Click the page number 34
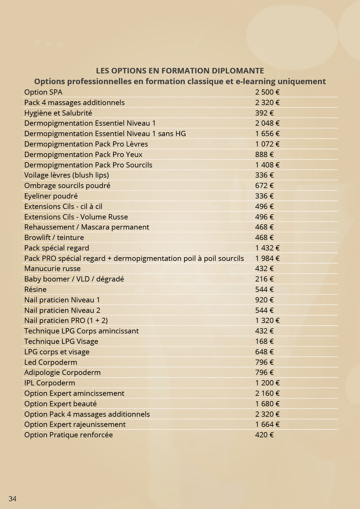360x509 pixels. coord(12,499)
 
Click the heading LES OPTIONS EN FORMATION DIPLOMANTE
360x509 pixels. coord(180,71)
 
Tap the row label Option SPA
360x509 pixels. coord(43,92)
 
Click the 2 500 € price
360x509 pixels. coord(267,92)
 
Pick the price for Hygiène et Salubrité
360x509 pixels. coord(264,113)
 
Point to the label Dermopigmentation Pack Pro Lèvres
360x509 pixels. coord(86,144)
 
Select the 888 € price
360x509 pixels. coord(264,154)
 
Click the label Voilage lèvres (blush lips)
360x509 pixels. coord(66,175)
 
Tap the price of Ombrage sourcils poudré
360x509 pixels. coord(264,185)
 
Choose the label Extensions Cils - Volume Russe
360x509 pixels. coord(76,217)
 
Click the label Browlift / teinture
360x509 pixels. coord(54,237)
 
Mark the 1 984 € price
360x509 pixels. coord(267,258)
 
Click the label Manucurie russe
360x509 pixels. coord(53,269)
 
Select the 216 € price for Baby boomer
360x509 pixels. coord(264,279)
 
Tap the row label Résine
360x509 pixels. coord(35,289)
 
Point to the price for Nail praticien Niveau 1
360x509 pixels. coord(264,300)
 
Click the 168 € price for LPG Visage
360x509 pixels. coord(264,341)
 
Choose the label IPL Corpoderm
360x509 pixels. coord(50,383)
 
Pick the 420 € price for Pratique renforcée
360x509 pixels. coord(264,435)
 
